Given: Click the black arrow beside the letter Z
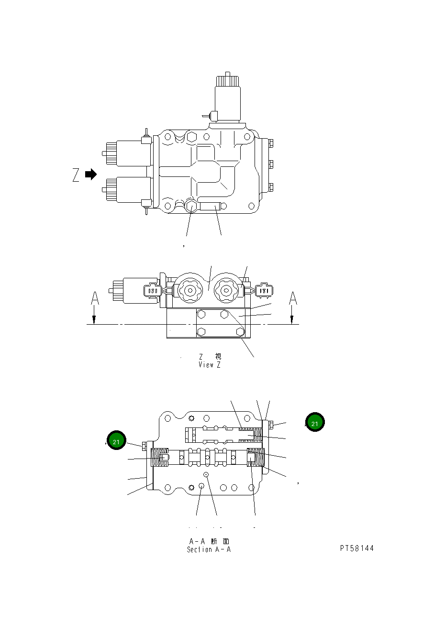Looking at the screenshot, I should [x=90, y=175].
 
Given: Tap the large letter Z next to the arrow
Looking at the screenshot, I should [x=76, y=175].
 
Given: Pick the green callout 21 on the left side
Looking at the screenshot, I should [x=116, y=441].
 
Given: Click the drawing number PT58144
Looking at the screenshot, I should [x=357, y=548].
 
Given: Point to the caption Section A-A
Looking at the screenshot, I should [x=209, y=549].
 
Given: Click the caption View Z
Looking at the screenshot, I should [x=210, y=365].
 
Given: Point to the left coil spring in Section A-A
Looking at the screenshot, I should [x=160, y=459].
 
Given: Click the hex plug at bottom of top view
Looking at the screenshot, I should [x=191, y=206].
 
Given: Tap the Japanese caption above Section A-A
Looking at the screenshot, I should [x=209, y=541].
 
